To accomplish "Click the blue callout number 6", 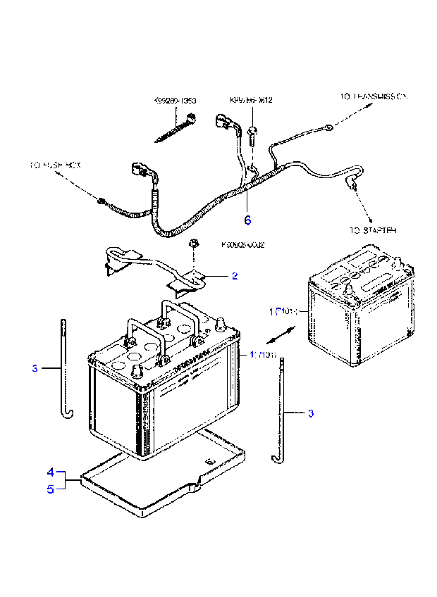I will click(x=247, y=220).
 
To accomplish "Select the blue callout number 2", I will click(x=235, y=276).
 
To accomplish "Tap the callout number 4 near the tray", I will click(x=50, y=472).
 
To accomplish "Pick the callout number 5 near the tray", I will click(x=50, y=489).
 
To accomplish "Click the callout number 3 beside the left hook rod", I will click(x=34, y=367).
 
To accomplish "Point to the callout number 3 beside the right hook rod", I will click(x=310, y=413).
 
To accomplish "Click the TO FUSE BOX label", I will click(x=56, y=165).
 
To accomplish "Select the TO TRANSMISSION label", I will click(x=373, y=96).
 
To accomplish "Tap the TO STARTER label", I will click(x=373, y=230).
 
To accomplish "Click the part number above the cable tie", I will click(x=175, y=101).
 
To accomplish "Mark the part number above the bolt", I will click(x=251, y=101).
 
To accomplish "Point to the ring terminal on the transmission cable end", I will click(x=329, y=127).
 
